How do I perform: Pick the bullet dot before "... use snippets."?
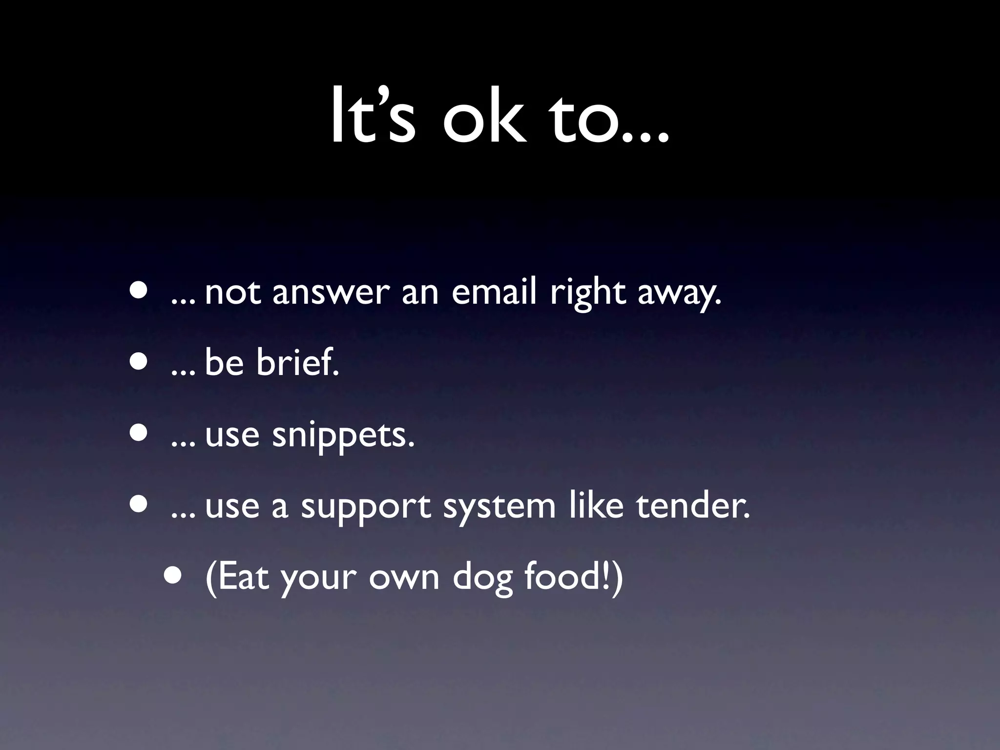click(x=139, y=434)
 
